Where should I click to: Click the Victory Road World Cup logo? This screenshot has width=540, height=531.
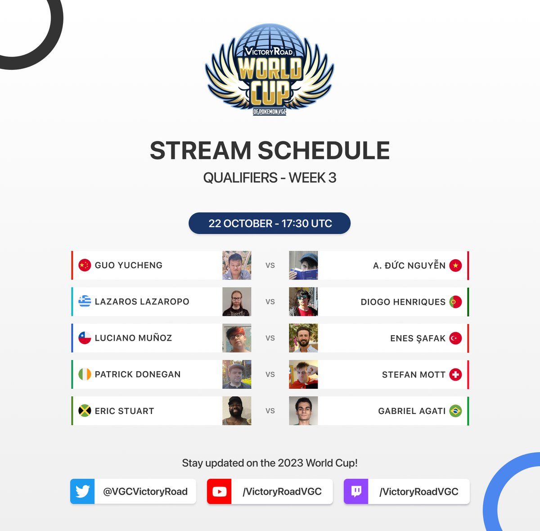(270, 70)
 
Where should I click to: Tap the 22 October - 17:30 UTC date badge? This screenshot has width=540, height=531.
(270, 223)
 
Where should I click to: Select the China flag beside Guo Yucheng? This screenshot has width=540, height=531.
(85, 265)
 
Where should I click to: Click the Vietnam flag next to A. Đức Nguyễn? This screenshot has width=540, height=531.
(455, 265)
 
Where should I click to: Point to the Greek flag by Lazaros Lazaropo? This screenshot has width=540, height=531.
(85, 301)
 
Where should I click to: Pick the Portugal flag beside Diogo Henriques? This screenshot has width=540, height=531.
(455, 302)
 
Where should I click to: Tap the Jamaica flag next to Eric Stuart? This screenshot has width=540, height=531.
(85, 411)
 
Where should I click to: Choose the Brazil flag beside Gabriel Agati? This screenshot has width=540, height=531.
(455, 411)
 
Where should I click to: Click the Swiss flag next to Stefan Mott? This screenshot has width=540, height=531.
(455, 374)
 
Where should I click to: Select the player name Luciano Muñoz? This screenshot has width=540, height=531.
(133, 338)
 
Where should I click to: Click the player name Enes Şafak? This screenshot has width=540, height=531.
(418, 338)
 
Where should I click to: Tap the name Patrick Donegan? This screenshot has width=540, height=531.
(138, 374)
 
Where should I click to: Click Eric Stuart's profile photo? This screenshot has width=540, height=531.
(237, 411)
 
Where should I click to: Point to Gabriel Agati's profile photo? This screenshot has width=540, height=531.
(303, 411)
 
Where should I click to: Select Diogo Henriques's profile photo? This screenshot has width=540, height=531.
(303, 302)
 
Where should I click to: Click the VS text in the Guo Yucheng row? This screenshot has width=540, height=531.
(270, 265)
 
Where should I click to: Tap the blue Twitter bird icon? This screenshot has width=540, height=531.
(82, 491)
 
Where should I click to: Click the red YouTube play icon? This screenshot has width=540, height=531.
(219, 491)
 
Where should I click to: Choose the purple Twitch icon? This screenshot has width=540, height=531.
(356, 491)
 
